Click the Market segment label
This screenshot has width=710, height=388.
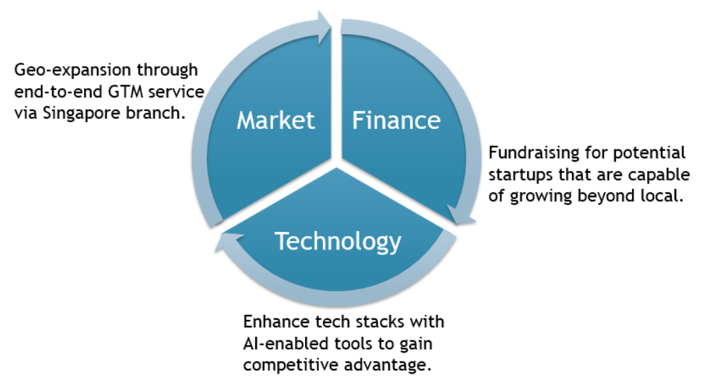[275, 121]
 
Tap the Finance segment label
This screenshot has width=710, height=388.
[396, 121]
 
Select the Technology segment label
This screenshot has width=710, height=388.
[337, 241]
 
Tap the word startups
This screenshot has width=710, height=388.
[518, 174]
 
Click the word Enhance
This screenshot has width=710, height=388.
[273, 320]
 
